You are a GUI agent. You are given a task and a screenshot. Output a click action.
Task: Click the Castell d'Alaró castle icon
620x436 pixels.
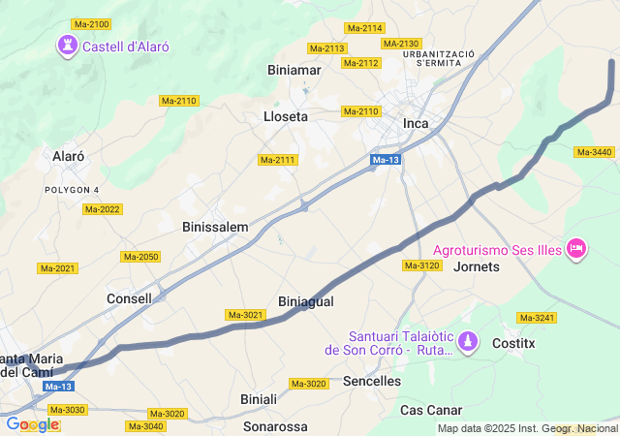tap(67, 45)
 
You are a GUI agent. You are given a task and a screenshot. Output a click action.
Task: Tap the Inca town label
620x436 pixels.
tap(416, 123)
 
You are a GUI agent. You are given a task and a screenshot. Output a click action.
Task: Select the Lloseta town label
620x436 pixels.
tap(286, 116)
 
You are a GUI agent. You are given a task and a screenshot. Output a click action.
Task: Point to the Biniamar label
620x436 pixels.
tap(294, 70)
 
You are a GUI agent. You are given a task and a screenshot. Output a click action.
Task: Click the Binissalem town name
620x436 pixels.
tap(215, 227)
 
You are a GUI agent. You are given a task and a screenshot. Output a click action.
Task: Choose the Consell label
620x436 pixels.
tap(129, 298)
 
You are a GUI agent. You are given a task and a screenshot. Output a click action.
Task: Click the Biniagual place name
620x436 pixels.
tap(305, 301)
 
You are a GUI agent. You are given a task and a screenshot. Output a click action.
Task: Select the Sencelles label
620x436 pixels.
tap(372, 381)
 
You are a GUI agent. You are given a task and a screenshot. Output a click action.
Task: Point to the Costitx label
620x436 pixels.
tap(513, 343)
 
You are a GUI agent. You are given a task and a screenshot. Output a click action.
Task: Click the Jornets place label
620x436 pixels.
tap(477, 265)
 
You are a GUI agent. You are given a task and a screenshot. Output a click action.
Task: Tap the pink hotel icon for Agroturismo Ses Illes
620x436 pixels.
tap(576, 249)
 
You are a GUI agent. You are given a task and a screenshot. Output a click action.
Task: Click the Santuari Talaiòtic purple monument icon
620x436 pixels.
tap(469, 341)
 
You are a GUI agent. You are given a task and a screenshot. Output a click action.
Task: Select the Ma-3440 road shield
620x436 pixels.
tap(594, 152)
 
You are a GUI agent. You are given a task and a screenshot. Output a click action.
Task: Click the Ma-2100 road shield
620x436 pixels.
tap(91, 24)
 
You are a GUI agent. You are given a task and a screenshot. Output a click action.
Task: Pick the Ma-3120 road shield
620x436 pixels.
tap(422, 265)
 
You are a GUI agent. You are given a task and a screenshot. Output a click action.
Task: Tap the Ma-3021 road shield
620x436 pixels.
tap(245, 315)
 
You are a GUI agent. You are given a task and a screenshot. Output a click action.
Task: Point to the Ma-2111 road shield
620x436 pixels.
tap(277, 160)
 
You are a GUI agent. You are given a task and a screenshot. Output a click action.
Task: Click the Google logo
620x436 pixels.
tap(32, 424)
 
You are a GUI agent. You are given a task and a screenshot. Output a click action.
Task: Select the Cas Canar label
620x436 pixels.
tap(431, 410)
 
